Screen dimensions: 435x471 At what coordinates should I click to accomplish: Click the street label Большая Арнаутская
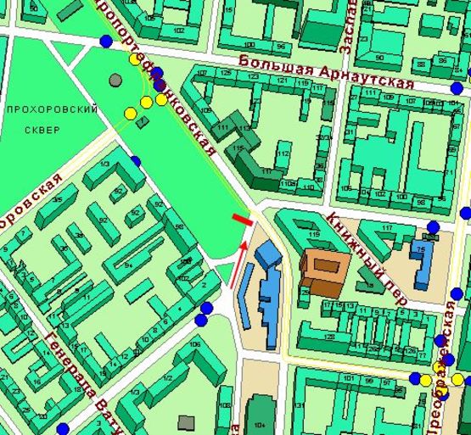click(x=325, y=73)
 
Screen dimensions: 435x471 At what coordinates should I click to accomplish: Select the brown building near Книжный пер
click(x=322, y=271)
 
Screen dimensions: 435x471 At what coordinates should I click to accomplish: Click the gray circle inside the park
click(x=115, y=81)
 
